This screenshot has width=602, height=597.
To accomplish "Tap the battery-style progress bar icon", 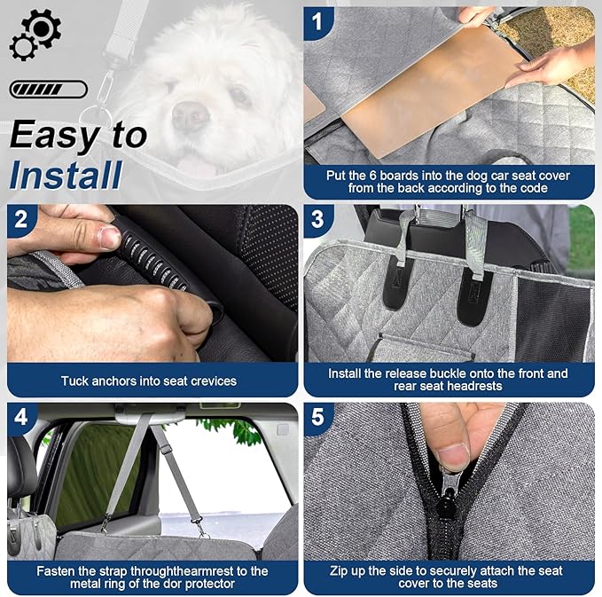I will [x=49, y=90].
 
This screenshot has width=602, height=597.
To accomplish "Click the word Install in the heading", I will [x=66, y=175].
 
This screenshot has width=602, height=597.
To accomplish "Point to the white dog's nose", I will [x=189, y=113].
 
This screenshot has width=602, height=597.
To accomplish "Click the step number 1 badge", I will [x=317, y=20].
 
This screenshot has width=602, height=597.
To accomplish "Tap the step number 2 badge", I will [x=21, y=219].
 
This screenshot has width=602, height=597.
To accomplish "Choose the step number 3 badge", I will [x=317, y=219].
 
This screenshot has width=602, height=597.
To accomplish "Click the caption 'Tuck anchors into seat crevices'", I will [x=149, y=381].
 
